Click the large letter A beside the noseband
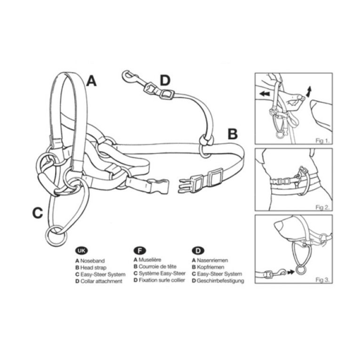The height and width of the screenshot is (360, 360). (x=91, y=81)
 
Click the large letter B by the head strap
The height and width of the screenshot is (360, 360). (x=232, y=134)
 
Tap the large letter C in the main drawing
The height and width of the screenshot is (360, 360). (x=38, y=213)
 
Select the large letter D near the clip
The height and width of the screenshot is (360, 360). (x=165, y=80)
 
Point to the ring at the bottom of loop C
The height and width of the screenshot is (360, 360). (x=56, y=236)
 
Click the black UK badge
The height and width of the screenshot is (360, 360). (x=81, y=251)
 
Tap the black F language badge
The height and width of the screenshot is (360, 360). (x=140, y=250)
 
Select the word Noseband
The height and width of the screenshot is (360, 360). (x=92, y=261)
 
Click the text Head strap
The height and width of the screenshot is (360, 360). (x=93, y=267)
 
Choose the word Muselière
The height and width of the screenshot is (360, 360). (x=150, y=260)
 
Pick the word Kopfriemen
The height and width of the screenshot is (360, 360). (x=210, y=267)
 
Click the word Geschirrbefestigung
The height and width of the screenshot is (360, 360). (x=220, y=280)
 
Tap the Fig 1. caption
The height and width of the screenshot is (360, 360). (x=322, y=141)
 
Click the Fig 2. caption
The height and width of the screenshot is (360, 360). (x=322, y=208)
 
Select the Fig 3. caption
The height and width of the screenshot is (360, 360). (x=322, y=280)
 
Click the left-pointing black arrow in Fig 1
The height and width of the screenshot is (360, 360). (x=265, y=94)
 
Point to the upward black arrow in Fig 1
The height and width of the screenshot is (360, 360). (x=309, y=91)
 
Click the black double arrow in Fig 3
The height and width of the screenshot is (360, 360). (x=291, y=272)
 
